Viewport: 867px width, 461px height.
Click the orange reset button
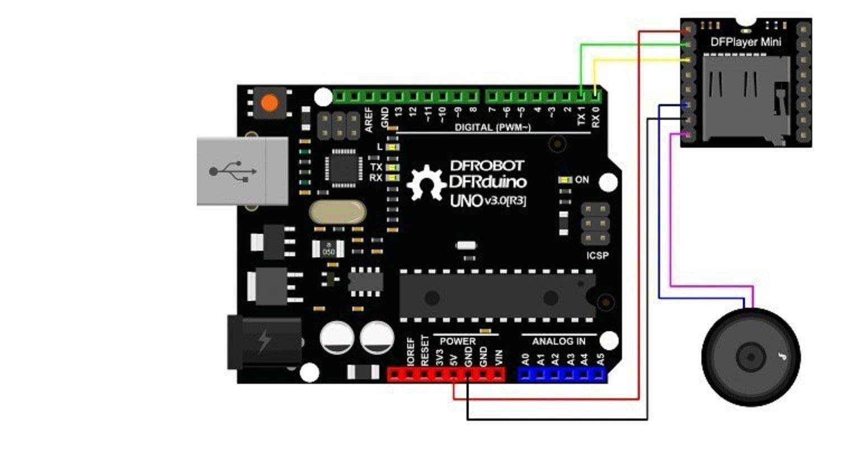(x=269, y=103)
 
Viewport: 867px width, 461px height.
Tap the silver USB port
(x=242, y=171)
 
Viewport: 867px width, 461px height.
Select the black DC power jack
(x=263, y=341)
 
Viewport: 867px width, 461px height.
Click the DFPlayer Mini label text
(x=746, y=42)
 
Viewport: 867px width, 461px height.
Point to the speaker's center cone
(x=750, y=356)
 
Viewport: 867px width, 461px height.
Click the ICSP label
(x=597, y=256)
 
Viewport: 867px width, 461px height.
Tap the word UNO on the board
(x=466, y=200)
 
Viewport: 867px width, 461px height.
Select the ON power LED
(x=566, y=180)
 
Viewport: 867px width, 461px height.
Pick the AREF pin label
(x=369, y=119)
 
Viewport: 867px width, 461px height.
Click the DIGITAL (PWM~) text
(x=492, y=128)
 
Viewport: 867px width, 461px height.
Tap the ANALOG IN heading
(x=558, y=341)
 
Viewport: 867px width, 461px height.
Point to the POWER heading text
(x=458, y=341)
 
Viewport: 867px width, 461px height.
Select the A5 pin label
(x=601, y=359)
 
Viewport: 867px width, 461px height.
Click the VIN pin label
(x=499, y=357)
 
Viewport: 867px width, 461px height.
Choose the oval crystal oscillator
(x=337, y=213)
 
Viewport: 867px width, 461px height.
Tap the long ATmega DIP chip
(x=497, y=296)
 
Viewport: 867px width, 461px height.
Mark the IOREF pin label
(x=411, y=351)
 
